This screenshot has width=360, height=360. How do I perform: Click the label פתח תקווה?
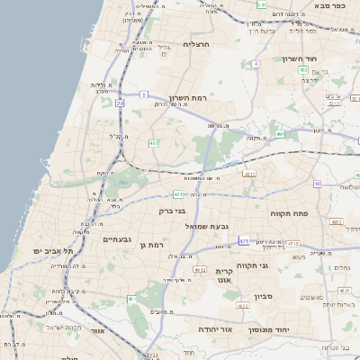point(289,213)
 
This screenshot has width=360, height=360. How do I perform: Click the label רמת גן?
point(157,245)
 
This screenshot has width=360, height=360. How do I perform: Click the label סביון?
point(288,295)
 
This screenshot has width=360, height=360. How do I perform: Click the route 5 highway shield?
point(143,94)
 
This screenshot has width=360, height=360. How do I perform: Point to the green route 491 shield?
point(280,134)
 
